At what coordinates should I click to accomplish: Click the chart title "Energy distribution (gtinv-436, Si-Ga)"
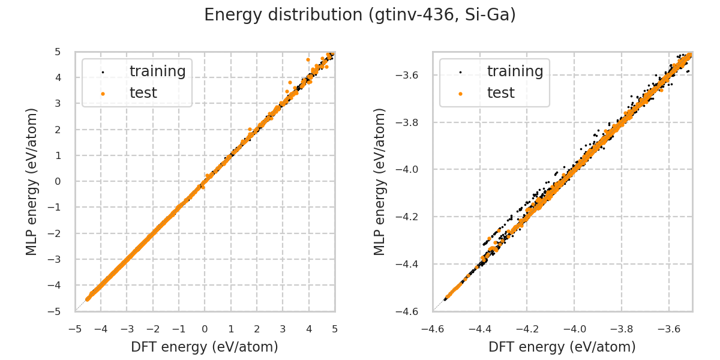pyautogui.click(x=360, y=15)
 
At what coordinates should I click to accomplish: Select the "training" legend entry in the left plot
pyautogui.click(x=157, y=71)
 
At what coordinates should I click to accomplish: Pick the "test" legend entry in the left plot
pyautogui.click(x=143, y=93)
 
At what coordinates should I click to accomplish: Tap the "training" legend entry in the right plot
pyautogui.click(x=515, y=71)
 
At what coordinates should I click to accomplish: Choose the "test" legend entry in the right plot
pyautogui.click(x=500, y=93)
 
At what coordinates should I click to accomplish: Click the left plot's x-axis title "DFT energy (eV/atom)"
pyautogui.click(x=205, y=347)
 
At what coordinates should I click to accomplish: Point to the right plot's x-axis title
pyautogui.click(x=562, y=347)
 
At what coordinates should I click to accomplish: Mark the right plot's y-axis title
pyautogui.click(x=380, y=181)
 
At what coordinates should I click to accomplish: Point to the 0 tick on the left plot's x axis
pyautogui.click(x=205, y=329)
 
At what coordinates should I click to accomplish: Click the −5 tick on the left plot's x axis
pyautogui.click(x=75, y=329)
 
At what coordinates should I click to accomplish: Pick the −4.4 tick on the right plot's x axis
pyautogui.click(x=480, y=329)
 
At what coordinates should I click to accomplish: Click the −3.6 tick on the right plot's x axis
pyautogui.click(x=668, y=329)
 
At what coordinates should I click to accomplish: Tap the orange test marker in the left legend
pyautogui.click(x=103, y=94)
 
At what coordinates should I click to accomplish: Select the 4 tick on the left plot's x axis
pyautogui.click(x=309, y=329)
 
